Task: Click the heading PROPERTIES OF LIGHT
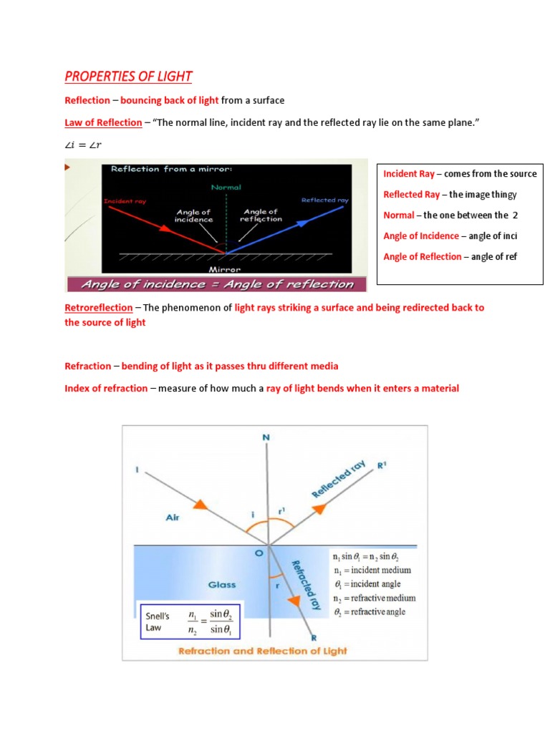(128, 77)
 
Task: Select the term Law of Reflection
(103, 122)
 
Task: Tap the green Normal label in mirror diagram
(226, 187)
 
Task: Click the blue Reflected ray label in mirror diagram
(324, 200)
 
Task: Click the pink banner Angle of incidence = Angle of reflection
(217, 284)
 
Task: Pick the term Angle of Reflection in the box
(423, 256)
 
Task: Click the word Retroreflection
(98, 307)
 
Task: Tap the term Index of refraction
(106, 388)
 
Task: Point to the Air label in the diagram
(173, 517)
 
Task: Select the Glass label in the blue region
(222, 585)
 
